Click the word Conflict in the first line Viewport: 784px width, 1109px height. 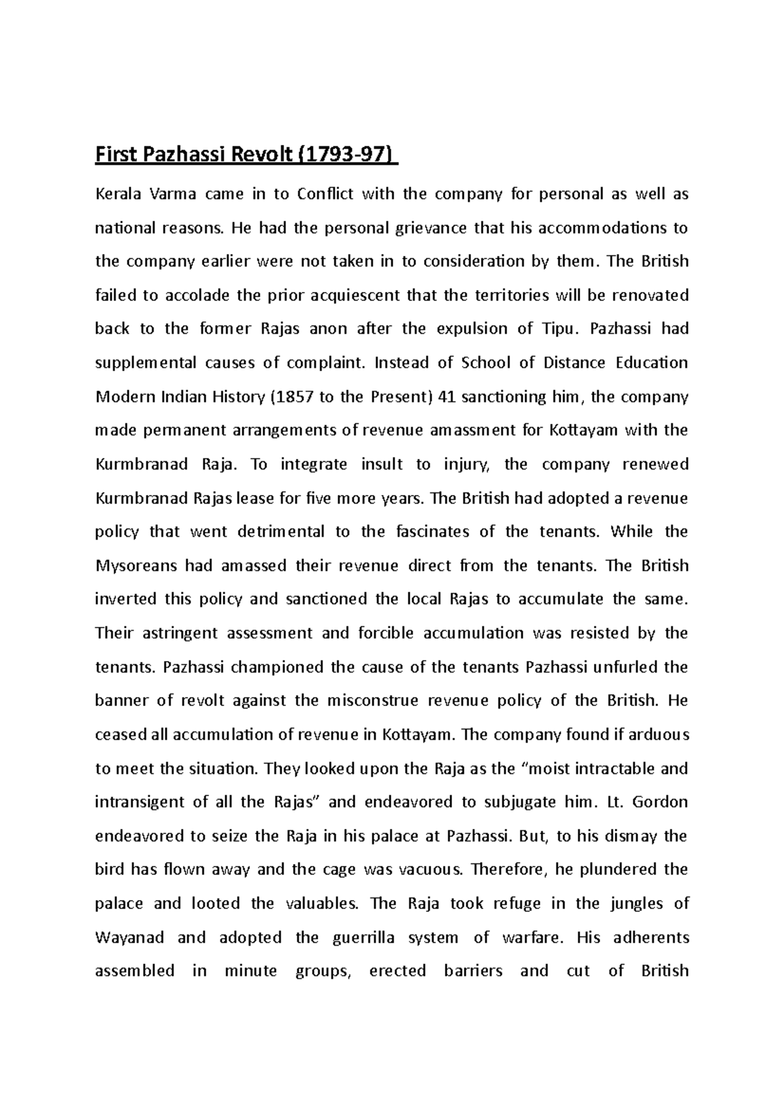point(325,194)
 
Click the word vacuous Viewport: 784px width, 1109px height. point(430,870)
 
